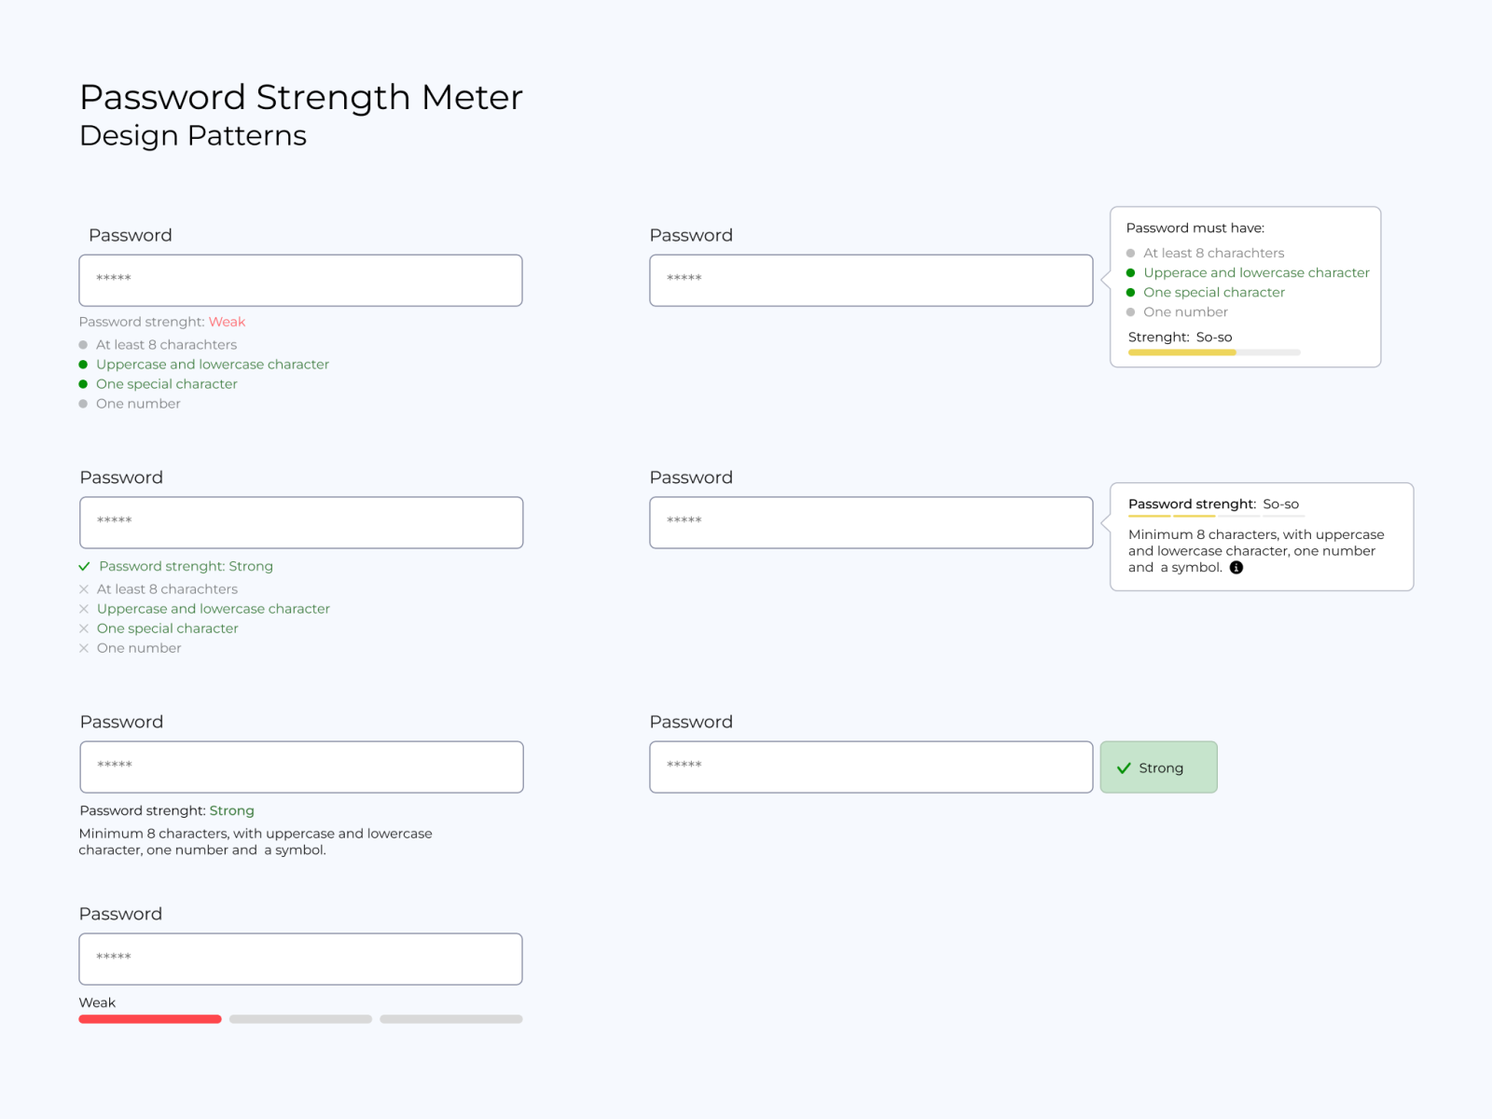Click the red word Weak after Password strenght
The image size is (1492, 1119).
coord(227,322)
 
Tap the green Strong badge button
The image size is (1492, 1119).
coord(1158,767)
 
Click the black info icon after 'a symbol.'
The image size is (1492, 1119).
coord(1236,568)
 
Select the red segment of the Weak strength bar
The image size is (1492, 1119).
coord(150,1019)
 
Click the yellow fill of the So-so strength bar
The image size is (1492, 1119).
coord(1181,352)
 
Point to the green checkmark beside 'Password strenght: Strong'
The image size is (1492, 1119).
coord(84,566)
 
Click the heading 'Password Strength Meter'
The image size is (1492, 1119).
coord(301,97)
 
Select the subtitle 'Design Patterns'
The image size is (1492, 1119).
coord(193,135)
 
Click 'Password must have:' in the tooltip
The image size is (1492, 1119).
coord(1195,228)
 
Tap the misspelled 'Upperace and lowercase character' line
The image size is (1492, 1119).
coord(1256,272)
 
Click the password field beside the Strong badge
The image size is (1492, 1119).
coord(871,767)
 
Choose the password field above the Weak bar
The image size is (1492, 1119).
coord(300,959)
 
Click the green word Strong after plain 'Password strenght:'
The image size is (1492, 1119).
coord(231,810)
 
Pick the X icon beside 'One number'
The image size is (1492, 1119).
coord(84,648)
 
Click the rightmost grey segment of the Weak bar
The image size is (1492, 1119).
coord(451,1019)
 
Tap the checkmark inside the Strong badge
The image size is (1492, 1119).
coord(1124,768)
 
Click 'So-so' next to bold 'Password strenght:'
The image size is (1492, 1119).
coord(1280,504)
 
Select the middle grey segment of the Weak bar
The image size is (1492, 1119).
coord(300,1019)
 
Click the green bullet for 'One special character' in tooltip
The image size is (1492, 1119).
coord(1130,293)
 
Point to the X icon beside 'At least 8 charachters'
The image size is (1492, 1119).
coord(84,589)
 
